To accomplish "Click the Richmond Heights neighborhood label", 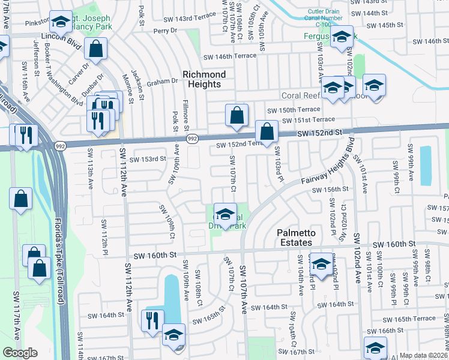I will coord(204,79).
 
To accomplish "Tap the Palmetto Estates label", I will coord(294,237).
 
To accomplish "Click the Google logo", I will coord(20,353).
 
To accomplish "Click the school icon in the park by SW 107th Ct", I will coord(225,214).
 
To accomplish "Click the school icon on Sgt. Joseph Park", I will coord(60,22).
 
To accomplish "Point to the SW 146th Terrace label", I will coord(230,56).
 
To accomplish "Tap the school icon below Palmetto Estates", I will coord(321,264).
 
